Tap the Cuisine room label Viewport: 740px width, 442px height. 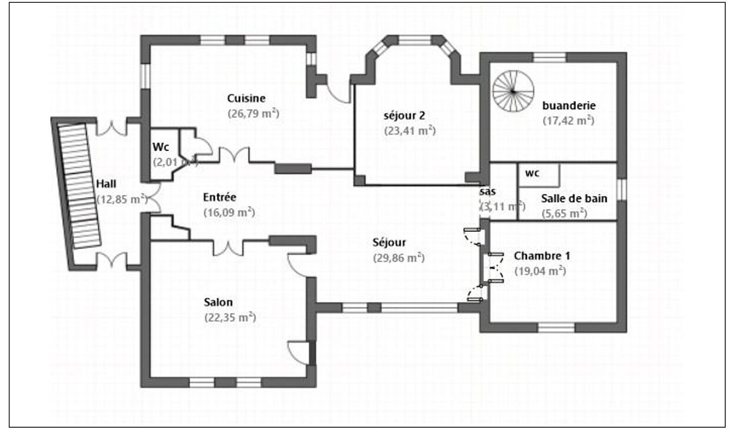246,98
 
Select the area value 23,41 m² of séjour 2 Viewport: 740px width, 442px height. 410,131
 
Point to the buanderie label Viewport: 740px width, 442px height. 568,105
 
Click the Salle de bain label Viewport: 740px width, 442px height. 573,198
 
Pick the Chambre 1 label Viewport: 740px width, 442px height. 542,256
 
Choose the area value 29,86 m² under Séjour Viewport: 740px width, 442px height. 399,258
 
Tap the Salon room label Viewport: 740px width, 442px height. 218,302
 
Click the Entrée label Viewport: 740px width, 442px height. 220,197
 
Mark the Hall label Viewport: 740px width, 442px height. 106,184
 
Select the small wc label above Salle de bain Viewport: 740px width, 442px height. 532,173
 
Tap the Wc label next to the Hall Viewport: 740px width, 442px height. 160,147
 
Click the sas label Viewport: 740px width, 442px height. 487,191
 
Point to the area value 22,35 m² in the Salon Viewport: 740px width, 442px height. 230,318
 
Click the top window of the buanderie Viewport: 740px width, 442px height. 549,57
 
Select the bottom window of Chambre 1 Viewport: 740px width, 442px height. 556,328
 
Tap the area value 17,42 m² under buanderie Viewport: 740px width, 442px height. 568,121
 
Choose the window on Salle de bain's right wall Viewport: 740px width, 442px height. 622,190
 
